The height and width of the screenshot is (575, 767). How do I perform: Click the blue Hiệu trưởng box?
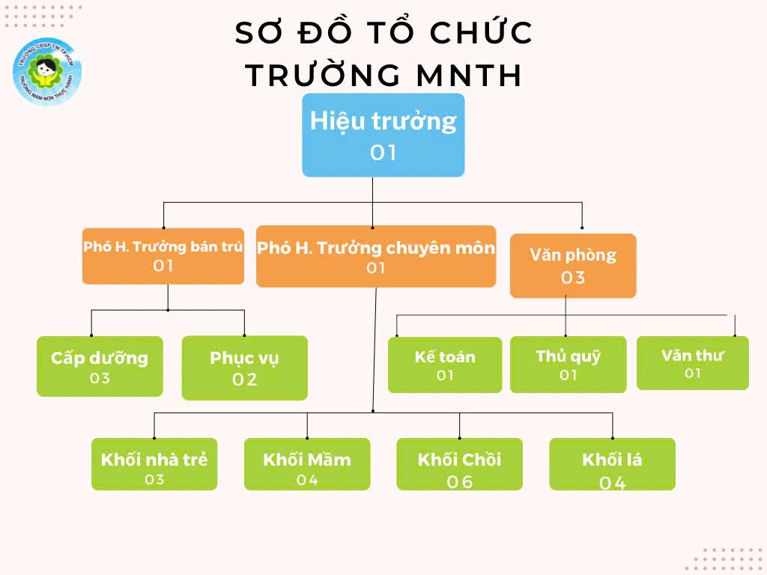pyautogui.click(x=383, y=135)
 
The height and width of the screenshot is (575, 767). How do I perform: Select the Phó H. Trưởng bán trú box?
pyautogui.click(x=163, y=256)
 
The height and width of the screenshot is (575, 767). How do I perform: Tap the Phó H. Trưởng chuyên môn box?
pyautogui.click(x=375, y=256)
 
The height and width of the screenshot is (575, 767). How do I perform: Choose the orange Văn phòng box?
pyautogui.click(x=573, y=266)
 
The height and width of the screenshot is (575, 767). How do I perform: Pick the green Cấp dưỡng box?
pyautogui.click(x=100, y=366)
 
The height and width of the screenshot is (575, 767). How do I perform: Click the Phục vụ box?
pyautogui.click(x=244, y=368)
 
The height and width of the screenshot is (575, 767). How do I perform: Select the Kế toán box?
pyautogui.click(x=445, y=365)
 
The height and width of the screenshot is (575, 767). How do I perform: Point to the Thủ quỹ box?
pyautogui.click(x=568, y=365)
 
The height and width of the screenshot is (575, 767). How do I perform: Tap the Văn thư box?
pyautogui.click(x=692, y=363)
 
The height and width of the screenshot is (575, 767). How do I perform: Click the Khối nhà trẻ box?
pyautogui.click(x=154, y=464)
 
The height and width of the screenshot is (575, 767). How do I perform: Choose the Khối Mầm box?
pyautogui.click(x=307, y=464)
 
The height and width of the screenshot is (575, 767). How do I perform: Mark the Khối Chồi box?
pyautogui.click(x=459, y=464)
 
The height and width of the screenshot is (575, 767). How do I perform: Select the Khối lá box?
pyautogui.click(x=612, y=464)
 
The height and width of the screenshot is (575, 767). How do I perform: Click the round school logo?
pyautogui.click(x=47, y=72)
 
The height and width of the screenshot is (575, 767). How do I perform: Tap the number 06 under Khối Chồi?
pyautogui.click(x=460, y=482)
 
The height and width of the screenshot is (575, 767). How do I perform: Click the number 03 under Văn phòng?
pyautogui.click(x=573, y=278)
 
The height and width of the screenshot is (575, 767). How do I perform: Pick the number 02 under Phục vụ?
pyautogui.click(x=244, y=380)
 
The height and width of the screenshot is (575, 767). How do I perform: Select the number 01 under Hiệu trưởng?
pyautogui.click(x=383, y=153)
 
